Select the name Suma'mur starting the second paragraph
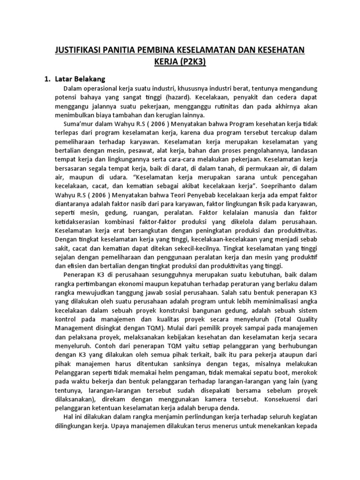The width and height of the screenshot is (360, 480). coord(78,124)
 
